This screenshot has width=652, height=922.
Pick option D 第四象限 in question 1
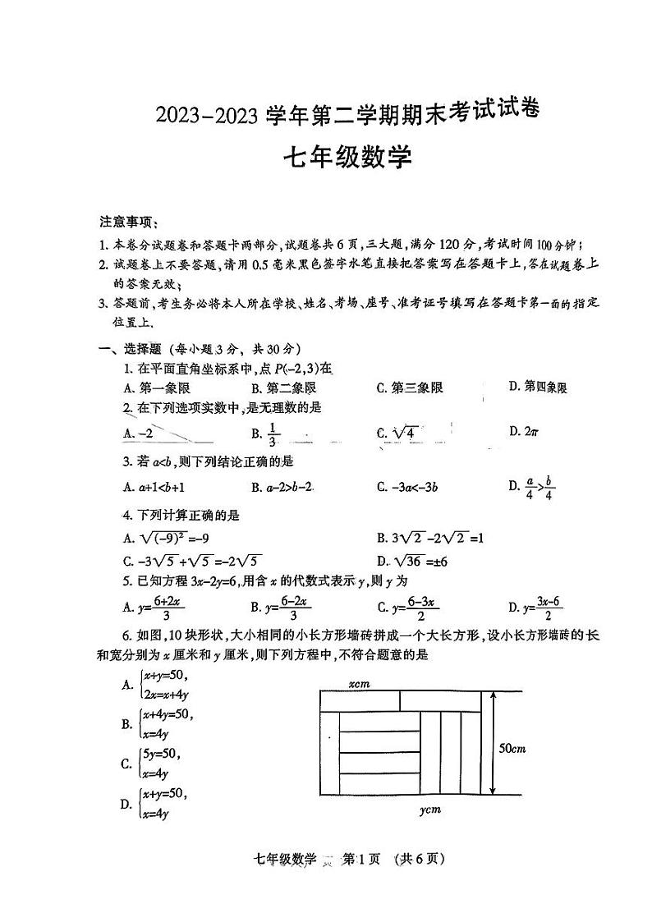(538, 388)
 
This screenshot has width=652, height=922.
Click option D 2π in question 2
(523, 431)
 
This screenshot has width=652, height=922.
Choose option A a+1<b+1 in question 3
(155, 486)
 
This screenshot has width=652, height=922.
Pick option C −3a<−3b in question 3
(407, 486)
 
